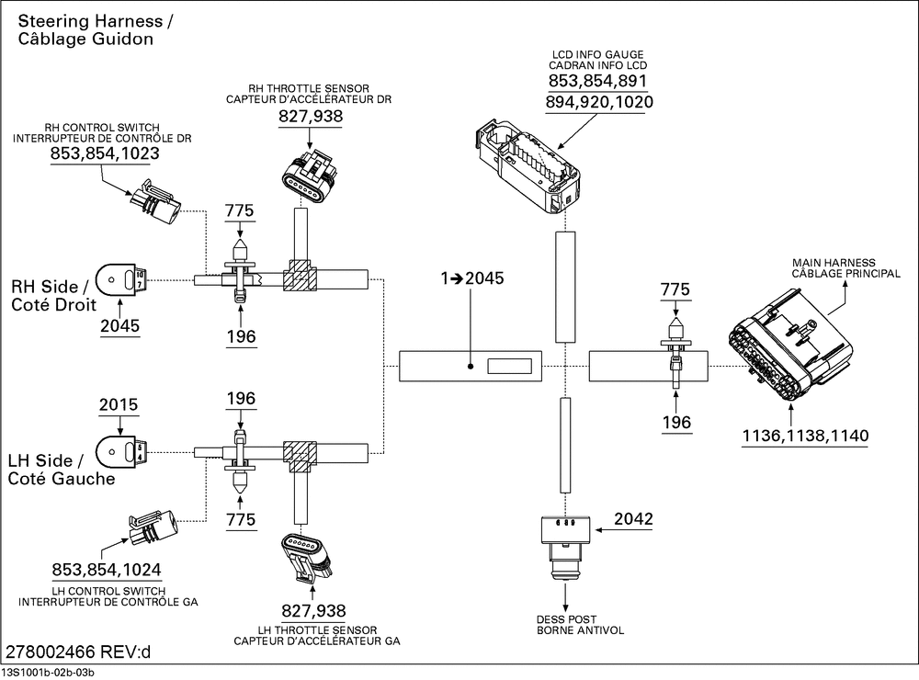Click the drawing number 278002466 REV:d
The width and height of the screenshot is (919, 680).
tap(79, 653)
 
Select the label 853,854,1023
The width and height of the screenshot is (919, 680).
tap(105, 153)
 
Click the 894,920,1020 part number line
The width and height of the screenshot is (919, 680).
tap(599, 102)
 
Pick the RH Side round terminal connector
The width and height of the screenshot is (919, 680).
tap(122, 277)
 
